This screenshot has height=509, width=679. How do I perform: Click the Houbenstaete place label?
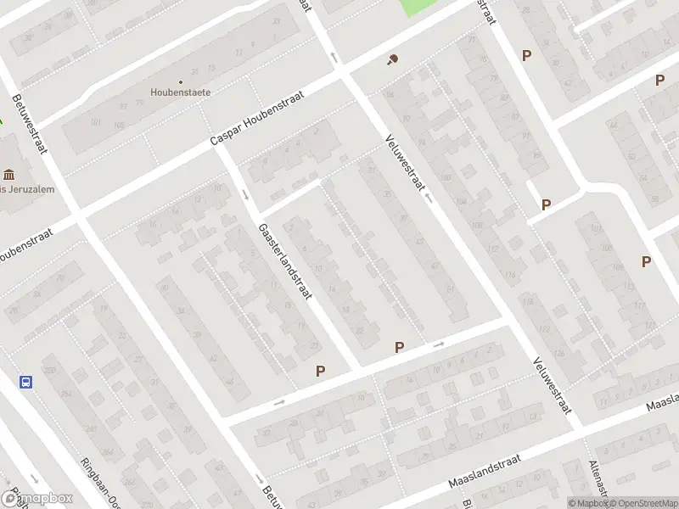[x=180, y=92]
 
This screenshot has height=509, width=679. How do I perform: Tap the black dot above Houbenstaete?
[x=180, y=81]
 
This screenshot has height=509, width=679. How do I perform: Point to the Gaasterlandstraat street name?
[x=286, y=261]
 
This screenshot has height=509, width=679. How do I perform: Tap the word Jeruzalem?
[x=32, y=189]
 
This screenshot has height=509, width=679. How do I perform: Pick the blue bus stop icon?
[x=26, y=382]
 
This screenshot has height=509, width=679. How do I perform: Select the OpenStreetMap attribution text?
[x=643, y=503]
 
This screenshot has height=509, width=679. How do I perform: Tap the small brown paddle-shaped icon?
[x=392, y=59]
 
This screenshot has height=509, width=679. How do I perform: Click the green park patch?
[x=418, y=7]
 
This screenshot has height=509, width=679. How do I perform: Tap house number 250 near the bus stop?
[x=48, y=370]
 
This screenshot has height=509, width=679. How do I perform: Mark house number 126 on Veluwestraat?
[x=558, y=353]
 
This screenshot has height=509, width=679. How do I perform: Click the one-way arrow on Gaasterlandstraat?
[x=246, y=194]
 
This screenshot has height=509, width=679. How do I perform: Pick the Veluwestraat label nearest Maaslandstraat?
[x=550, y=385]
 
